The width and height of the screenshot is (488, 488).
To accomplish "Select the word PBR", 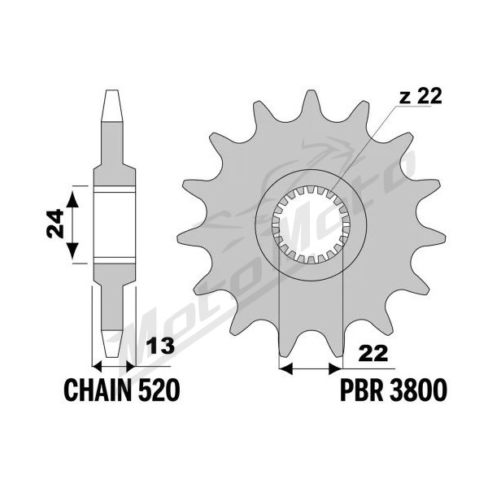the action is tap(362, 390).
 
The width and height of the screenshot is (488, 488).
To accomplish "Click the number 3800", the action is tap(418, 390).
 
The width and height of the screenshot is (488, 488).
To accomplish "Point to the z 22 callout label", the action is tap(420, 96).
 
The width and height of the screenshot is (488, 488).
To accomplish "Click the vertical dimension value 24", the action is tap(55, 224).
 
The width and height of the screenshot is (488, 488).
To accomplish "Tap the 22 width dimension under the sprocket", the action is tap(373, 354).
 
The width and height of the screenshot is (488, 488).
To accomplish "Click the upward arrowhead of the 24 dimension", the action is tap(72, 198).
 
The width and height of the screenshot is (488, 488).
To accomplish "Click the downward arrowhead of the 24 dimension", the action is tap(72, 251).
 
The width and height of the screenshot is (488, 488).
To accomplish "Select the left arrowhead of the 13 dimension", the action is tap(98, 367).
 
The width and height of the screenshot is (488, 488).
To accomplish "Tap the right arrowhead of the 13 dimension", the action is tap(131, 367).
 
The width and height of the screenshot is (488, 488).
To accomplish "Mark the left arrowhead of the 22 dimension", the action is tap(286, 368).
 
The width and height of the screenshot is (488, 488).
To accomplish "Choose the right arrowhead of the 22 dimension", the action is tap(335, 368).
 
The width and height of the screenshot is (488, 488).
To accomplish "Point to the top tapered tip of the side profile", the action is tap(112, 105).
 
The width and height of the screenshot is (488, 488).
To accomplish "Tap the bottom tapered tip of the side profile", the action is tap(112, 343).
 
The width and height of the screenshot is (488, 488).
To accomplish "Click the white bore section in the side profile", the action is tap(115, 224).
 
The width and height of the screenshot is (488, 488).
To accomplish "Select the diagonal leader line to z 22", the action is tap(364, 148).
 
